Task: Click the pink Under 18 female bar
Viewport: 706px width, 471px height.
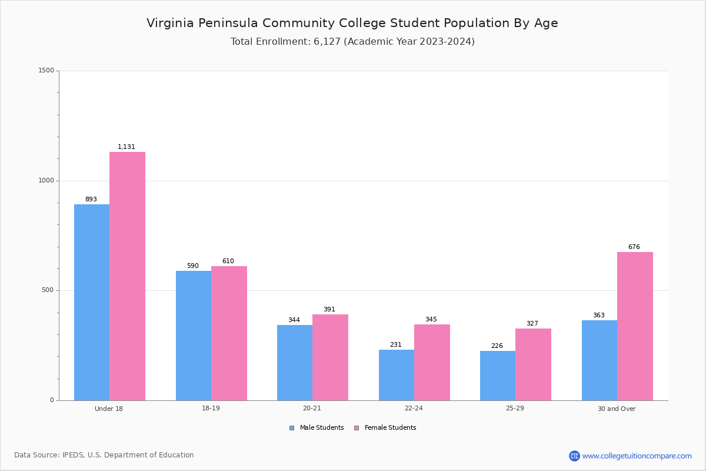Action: click(127, 276)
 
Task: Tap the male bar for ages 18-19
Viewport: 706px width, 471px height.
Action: click(194, 336)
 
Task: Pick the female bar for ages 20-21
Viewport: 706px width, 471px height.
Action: click(330, 357)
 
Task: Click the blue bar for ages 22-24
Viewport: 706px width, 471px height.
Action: click(397, 375)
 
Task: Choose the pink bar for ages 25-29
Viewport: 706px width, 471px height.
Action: click(533, 364)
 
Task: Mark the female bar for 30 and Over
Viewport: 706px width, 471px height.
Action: click(635, 326)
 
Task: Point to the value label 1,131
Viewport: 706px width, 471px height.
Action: click(126, 147)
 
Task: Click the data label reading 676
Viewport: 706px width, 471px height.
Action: click(634, 247)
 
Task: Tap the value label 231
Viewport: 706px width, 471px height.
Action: click(395, 345)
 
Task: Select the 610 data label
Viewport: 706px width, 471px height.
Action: click(228, 261)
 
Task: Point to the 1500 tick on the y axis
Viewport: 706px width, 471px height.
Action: click(46, 71)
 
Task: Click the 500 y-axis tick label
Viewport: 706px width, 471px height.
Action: click(48, 290)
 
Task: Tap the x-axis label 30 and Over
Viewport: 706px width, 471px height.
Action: click(617, 409)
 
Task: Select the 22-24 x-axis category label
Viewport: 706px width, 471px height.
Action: click(414, 409)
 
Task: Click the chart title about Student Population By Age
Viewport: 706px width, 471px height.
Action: click(352, 23)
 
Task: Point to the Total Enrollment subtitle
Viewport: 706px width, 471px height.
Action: click(352, 42)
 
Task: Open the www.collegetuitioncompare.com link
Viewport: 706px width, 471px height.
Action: click(637, 456)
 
